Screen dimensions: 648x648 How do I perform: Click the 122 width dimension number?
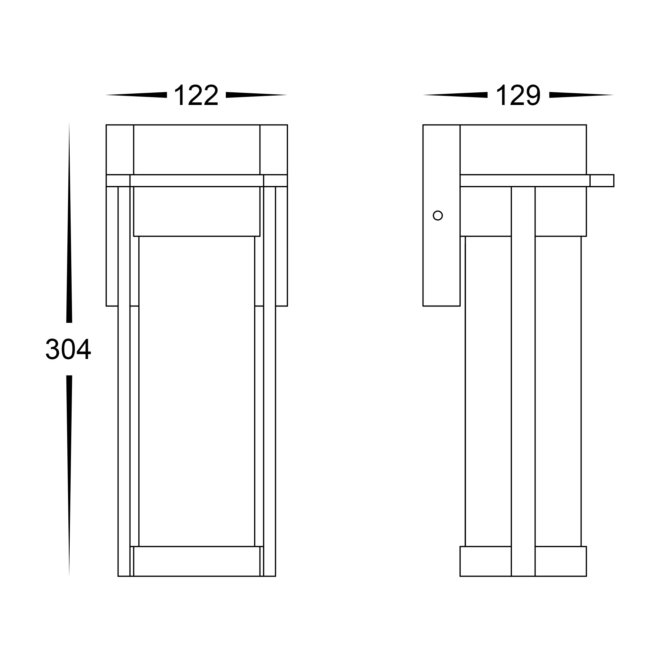(196, 95)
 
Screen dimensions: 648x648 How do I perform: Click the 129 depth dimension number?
(518, 95)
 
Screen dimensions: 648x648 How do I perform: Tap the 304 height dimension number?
(68, 349)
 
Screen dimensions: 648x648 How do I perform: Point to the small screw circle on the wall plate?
(438, 215)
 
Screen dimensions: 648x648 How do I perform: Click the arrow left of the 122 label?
(136, 95)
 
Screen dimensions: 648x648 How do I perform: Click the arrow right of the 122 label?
(257, 95)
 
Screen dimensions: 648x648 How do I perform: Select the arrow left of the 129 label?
(455, 95)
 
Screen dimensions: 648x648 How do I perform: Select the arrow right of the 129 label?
(581, 95)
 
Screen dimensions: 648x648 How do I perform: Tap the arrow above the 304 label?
(69, 222)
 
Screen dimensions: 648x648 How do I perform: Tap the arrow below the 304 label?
(69, 476)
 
